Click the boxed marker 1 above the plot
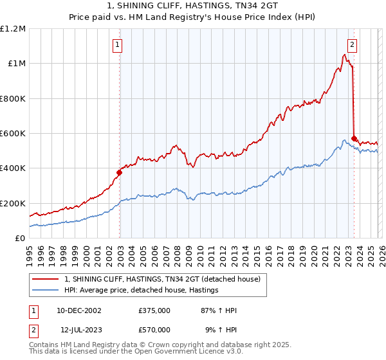click(118, 45)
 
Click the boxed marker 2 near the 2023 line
click(353, 45)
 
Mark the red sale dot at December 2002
click(119, 172)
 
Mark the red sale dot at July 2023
click(354, 138)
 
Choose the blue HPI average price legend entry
click(142, 291)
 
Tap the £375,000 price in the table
click(154, 310)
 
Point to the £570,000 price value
click(154, 330)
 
